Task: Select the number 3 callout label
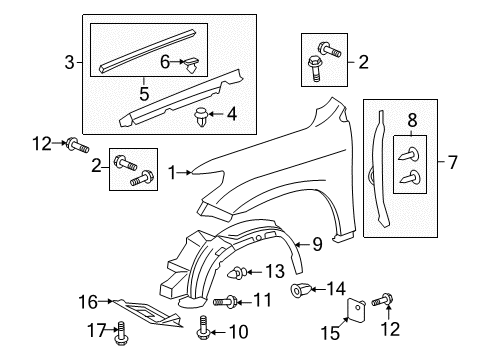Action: [68, 63]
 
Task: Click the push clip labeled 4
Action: [203, 115]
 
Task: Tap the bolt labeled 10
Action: [205, 326]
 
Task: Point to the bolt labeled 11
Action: [232, 301]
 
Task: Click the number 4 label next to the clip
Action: [231, 115]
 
